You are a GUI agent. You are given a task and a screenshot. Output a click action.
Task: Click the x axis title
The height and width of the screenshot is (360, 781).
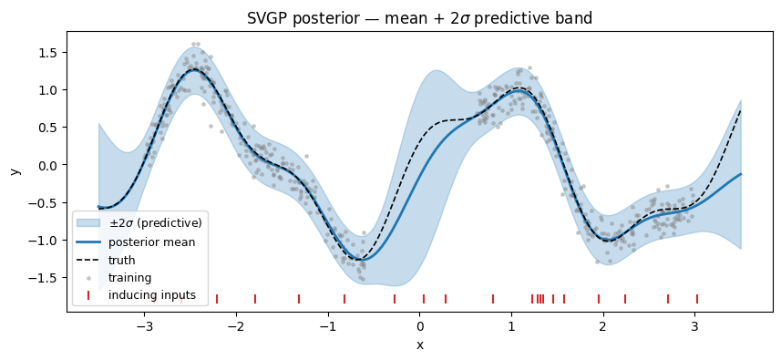pyautogui.click(x=419, y=345)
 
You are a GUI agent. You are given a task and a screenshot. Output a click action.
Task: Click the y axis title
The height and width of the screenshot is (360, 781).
pyautogui.click(x=15, y=170)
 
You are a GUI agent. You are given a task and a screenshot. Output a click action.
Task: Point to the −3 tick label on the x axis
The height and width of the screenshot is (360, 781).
pyautogui.click(x=141, y=324)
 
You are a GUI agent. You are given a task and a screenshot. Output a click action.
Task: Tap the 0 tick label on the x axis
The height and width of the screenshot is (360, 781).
pyautogui.click(x=419, y=324)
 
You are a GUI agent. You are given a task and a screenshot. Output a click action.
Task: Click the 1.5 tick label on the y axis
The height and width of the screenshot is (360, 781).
pyautogui.click(x=46, y=53)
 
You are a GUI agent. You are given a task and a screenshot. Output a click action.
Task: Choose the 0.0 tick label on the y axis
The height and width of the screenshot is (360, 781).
pyautogui.click(x=46, y=165)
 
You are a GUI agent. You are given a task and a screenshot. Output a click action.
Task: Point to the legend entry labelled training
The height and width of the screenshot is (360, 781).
pyautogui.click(x=130, y=277)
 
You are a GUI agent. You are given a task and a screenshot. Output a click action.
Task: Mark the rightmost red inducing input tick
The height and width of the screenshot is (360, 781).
pyautogui.click(x=697, y=298)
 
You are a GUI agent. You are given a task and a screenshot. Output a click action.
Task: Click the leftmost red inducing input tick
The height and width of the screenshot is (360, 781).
pyautogui.click(x=217, y=298)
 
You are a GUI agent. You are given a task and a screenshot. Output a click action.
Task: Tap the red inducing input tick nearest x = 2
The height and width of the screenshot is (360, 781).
pyautogui.click(x=599, y=298)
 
